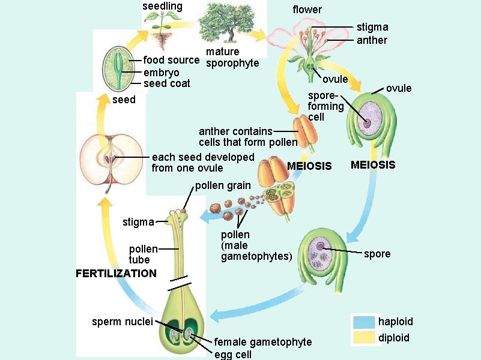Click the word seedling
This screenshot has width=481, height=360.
(x=162, y=6)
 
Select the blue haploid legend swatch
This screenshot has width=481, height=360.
(x=364, y=322)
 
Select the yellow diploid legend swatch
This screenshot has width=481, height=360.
(x=364, y=338)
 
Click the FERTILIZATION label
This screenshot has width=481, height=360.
(x=116, y=274)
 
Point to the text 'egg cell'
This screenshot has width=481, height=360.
(x=233, y=354)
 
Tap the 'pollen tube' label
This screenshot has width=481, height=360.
(x=144, y=254)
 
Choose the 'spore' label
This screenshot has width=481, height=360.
(x=377, y=254)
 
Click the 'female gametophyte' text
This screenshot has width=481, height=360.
(x=263, y=342)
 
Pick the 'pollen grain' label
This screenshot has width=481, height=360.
(x=223, y=185)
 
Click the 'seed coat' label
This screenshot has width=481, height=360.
(x=167, y=83)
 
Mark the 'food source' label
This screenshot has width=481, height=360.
(x=171, y=60)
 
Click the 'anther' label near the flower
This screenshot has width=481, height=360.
(x=372, y=40)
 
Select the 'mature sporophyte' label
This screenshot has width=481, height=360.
(x=231, y=58)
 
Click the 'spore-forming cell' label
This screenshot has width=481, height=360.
(x=325, y=106)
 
